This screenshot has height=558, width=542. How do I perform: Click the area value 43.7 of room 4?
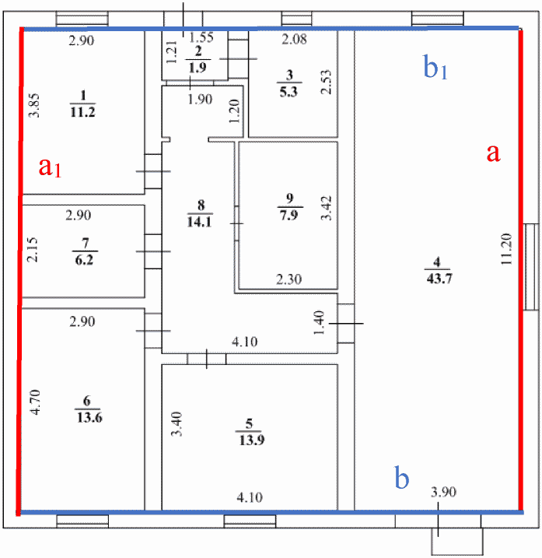coord(435,281)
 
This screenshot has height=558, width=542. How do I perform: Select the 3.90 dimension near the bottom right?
coord(444,492)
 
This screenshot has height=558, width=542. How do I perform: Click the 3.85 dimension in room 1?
coord(33,106)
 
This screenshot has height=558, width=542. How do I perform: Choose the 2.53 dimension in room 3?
coord(327,80)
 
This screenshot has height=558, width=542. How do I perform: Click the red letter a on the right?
coord(491,153)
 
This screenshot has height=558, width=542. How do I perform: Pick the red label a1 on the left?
coord(50,167)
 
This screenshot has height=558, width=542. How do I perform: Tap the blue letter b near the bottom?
coord(402,478)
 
